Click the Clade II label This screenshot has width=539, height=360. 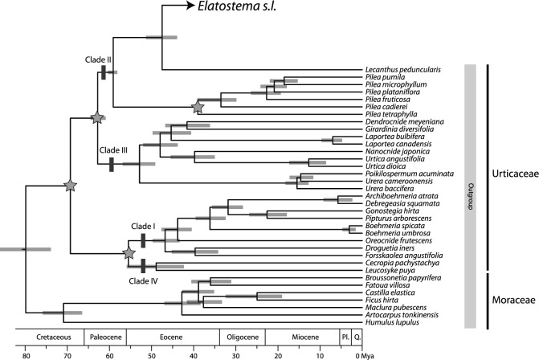[x=98, y=59]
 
